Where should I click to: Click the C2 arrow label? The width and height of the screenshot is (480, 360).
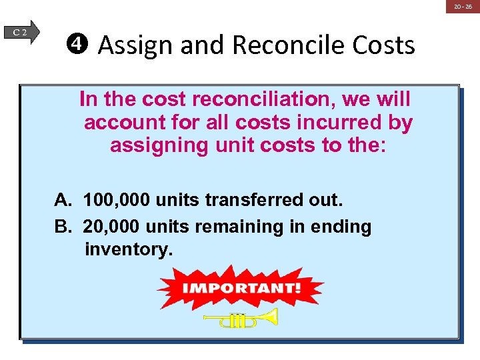point(22,31)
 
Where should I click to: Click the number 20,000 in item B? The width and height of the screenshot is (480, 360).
point(111,227)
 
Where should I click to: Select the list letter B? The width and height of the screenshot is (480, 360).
point(62,227)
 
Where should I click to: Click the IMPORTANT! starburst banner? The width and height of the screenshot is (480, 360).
point(241,289)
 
